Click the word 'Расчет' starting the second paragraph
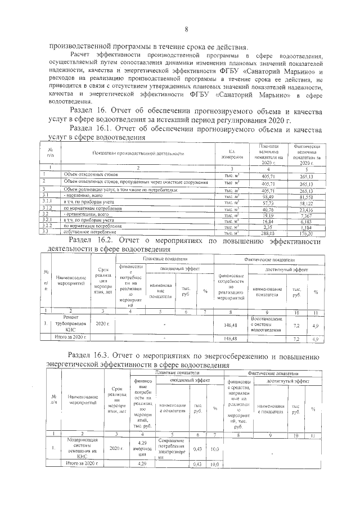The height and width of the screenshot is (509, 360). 80,56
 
